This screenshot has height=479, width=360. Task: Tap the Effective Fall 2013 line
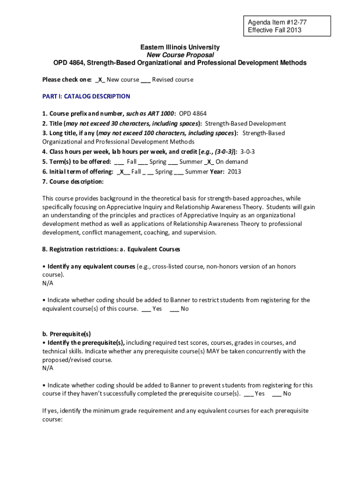click(x=274, y=30)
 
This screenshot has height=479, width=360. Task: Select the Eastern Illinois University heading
click(x=180, y=47)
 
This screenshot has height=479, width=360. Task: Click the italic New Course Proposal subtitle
click(x=180, y=55)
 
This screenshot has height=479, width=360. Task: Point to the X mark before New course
click(x=101, y=80)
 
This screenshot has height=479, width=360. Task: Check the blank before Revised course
click(x=145, y=80)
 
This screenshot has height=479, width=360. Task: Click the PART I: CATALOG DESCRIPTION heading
click(x=86, y=96)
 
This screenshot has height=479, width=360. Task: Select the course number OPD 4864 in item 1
click(x=193, y=114)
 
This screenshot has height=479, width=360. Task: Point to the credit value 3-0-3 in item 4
click(x=247, y=152)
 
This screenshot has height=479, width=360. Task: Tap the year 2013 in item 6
click(x=234, y=172)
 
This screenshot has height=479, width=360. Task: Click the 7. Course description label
click(x=73, y=181)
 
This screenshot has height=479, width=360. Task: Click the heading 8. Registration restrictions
click(x=83, y=249)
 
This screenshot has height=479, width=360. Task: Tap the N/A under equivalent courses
click(x=48, y=283)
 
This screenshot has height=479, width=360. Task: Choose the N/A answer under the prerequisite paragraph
click(x=48, y=368)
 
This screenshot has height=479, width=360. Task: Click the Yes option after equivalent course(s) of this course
click(x=157, y=309)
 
